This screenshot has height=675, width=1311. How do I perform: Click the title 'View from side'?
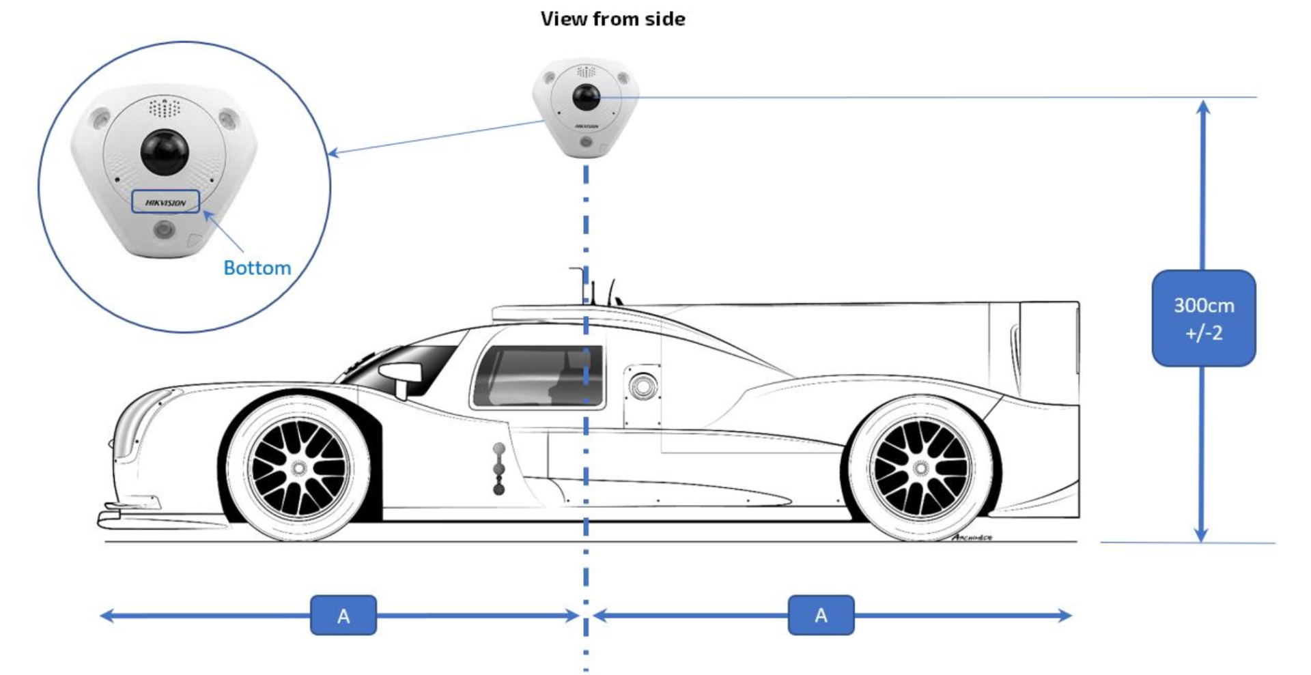pyautogui.click(x=612, y=19)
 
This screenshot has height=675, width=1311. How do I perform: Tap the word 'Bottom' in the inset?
pyautogui.click(x=257, y=268)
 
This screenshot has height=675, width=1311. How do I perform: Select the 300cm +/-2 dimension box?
pyautogui.click(x=1203, y=318)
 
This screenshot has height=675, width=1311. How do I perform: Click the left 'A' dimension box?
pyautogui.click(x=343, y=615)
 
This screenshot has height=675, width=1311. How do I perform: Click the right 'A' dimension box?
pyautogui.click(x=821, y=615)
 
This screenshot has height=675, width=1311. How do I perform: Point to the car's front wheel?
pyautogui.click(x=298, y=468)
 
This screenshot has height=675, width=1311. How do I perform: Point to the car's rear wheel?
pyautogui.click(x=920, y=468)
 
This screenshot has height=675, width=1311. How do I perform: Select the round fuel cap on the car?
pyautogui.click(x=643, y=387)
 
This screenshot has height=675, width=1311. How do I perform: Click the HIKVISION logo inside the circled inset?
pyautogui.click(x=165, y=202)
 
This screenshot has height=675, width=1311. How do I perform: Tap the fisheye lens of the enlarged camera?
pyautogui.click(x=165, y=151)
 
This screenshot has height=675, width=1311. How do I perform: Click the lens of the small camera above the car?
pyautogui.click(x=585, y=98)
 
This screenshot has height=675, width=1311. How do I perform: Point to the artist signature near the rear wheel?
pyautogui.click(x=972, y=538)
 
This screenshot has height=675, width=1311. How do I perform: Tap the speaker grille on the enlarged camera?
pyautogui.click(x=165, y=107)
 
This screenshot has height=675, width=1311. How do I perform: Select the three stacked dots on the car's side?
pyautogui.click(x=499, y=468)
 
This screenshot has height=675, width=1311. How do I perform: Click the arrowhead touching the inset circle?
pyautogui.click(x=333, y=153)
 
